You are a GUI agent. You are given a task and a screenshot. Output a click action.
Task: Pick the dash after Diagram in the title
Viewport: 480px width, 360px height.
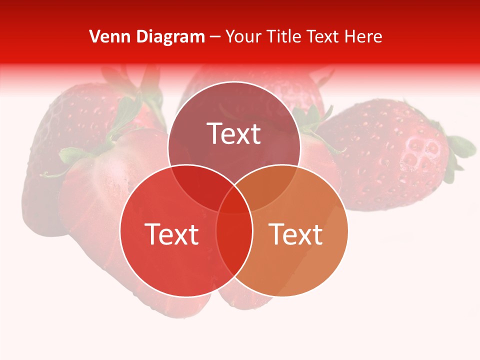pos(215,37)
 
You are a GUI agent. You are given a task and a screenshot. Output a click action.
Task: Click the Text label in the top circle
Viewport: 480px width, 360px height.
pos(234,133)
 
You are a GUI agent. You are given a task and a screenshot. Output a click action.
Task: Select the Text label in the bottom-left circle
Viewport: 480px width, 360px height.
pos(171,234)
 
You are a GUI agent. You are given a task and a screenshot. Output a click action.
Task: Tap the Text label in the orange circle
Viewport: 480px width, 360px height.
pos(296,234)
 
